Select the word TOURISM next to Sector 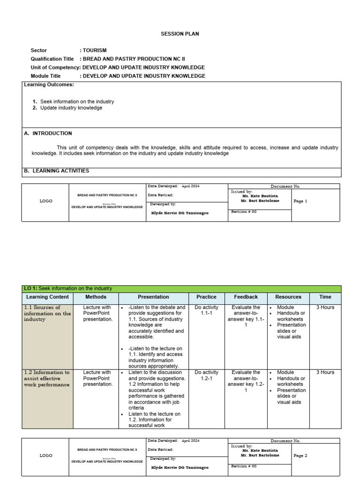click(95, 50)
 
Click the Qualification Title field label click(52, 59)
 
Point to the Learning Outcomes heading click(49, 85)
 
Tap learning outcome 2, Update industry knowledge click(71, 108)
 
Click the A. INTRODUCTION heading click(48, 134)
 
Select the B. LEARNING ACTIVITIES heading click(56, 171)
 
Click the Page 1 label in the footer click(300, 201)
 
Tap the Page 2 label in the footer click(300, 456)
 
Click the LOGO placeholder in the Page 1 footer click(45, 201)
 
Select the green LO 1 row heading click(68, 289)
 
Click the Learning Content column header click(47, 297)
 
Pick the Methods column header click(96, 297)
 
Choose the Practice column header click(206, 297)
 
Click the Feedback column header click(246, 297)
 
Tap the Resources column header click(288, 297)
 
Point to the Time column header click(325, 297)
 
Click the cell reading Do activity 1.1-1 click(206, 310)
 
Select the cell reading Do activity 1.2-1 click(206, 375)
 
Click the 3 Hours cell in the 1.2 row click(325, 373)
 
